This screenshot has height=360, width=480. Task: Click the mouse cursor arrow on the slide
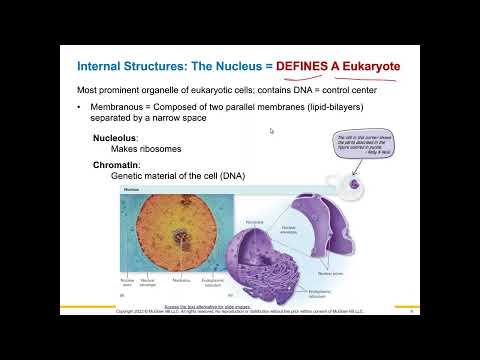(x=272, y=130)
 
